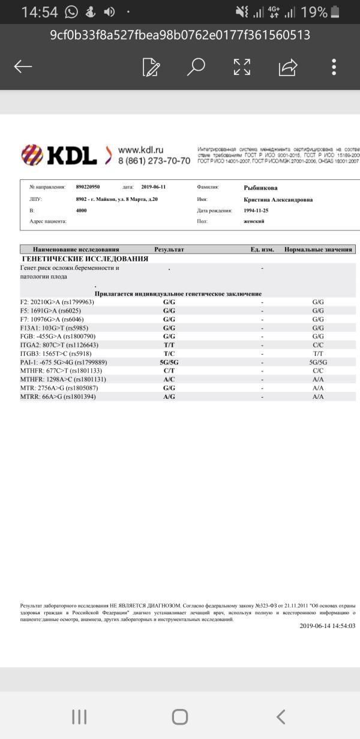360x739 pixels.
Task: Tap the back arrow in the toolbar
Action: pos(23,67)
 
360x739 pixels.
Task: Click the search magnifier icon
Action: pos(196,67)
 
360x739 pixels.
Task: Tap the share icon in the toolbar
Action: pos(288,67)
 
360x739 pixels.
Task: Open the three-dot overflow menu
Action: pos(334,67)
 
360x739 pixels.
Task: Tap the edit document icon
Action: pos(151,67)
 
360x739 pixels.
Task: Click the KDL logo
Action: pos(59,155)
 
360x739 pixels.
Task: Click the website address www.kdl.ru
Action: pos(141,150)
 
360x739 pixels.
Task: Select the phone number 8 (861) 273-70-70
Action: pos(154,161)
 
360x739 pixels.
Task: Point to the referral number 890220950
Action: pos(88,187)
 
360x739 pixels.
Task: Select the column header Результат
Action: pos(169,250)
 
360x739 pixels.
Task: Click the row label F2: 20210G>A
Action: pos(57,302)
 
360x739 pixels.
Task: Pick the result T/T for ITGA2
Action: pos(169,345)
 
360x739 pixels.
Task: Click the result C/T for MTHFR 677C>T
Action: pos(169,371)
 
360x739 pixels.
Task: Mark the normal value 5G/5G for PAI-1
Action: pos(318,362)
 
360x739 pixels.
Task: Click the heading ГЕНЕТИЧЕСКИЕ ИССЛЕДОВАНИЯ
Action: pos(85,259)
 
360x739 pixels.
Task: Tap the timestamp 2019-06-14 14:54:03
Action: pos(327,626)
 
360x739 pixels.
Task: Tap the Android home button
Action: pos(180,717)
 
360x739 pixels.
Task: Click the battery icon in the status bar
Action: pos(335,12)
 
